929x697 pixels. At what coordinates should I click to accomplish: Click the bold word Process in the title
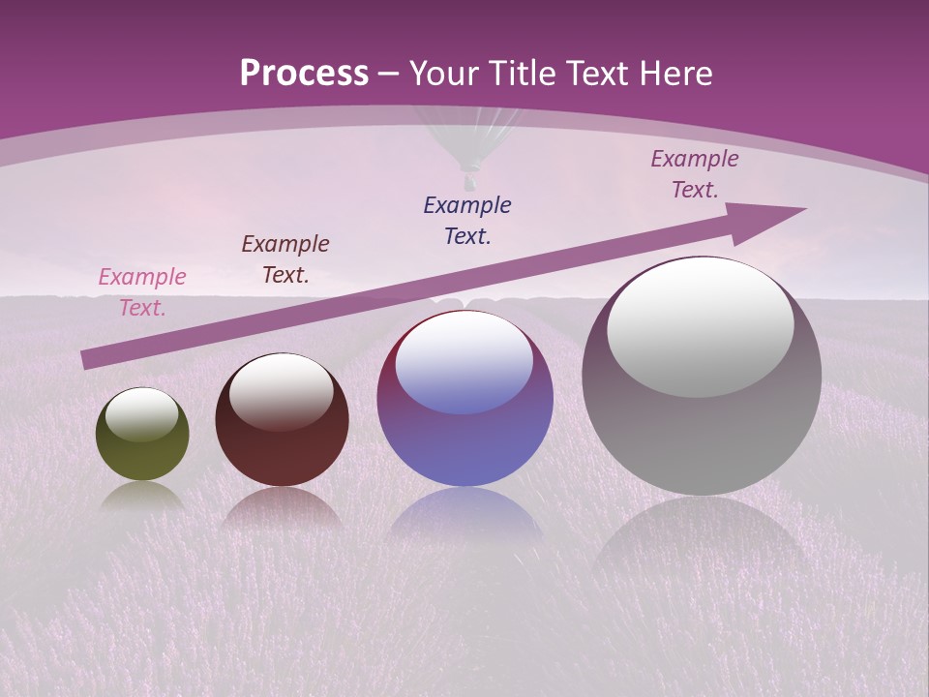click(304, 74)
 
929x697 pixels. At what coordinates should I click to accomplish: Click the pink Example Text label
click(141, 291)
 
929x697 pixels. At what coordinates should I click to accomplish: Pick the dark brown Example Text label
click(285, 258)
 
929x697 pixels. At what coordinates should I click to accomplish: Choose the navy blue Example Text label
click(466, 220)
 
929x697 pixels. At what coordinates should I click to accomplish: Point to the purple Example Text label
click(694, 174)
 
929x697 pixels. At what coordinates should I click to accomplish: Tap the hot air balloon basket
click(469, 180)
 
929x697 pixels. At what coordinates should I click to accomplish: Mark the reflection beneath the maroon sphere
click(282, 508)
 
